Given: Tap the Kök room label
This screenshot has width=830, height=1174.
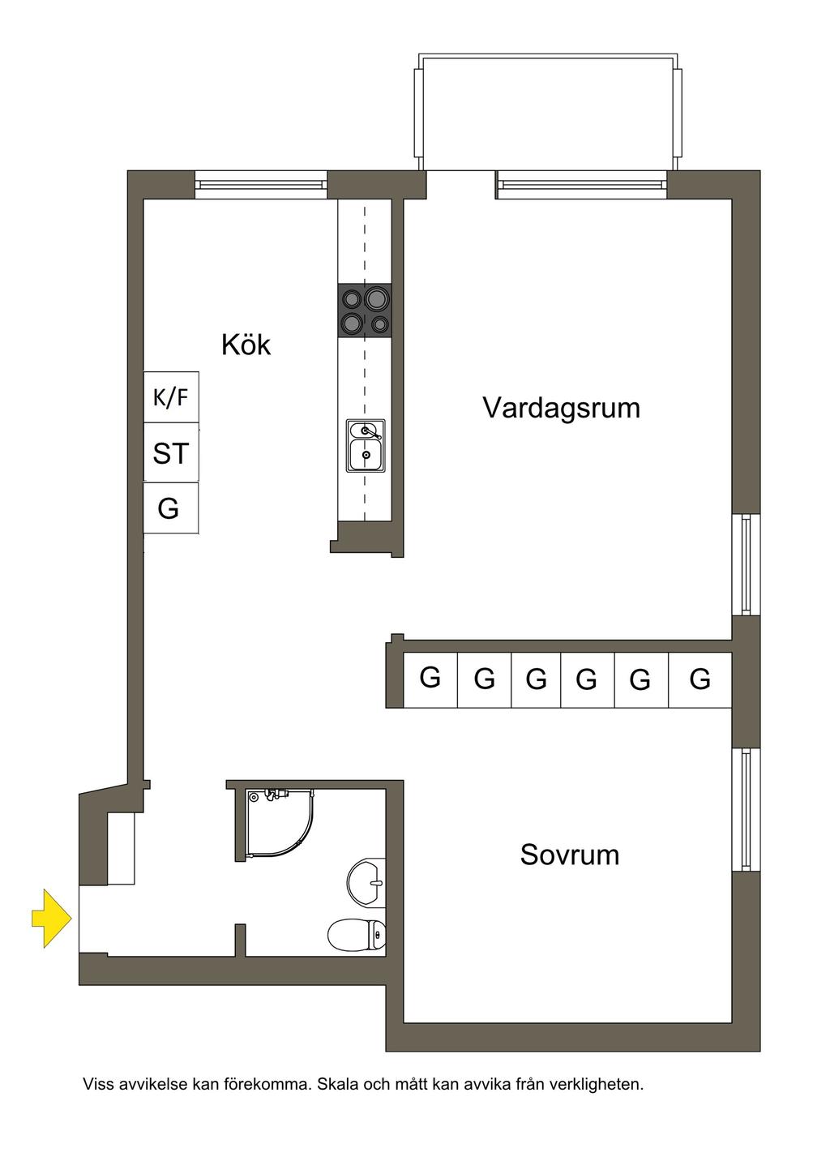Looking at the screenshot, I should [246, 345].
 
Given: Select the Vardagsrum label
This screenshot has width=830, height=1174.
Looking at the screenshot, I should [561, 407].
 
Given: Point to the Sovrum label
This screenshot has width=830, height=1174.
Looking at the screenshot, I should [569, 855].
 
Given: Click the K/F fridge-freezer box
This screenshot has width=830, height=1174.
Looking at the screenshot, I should [171, 397].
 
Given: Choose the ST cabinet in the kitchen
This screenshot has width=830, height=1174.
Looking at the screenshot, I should [171, 453].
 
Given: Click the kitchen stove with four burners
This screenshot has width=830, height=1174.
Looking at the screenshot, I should [365, 311].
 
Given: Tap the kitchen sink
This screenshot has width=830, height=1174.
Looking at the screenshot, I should [366, 445].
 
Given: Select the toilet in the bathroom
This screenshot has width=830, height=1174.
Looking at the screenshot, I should [357, 935].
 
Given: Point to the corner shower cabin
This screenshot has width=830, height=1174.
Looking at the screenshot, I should [276, 823].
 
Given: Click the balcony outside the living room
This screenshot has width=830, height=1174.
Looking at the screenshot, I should [548, 112].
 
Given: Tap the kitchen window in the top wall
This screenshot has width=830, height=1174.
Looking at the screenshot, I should [261, 185].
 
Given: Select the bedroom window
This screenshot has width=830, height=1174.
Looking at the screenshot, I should [746, 809].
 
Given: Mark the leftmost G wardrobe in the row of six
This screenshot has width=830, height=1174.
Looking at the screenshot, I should [430, 679].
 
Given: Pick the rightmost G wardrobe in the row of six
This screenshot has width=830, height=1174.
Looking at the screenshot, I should [700, 679].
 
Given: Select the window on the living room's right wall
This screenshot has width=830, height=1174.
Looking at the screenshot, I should [746, 564].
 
